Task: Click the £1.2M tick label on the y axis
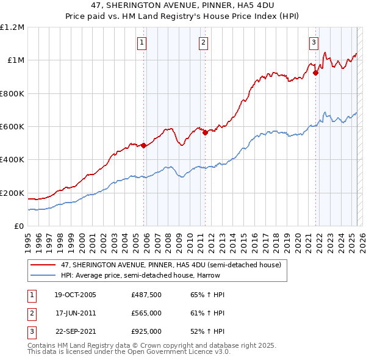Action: tap(12, 27)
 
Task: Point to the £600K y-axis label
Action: tap(12, 126)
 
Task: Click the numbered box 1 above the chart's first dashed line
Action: tap(142, 42)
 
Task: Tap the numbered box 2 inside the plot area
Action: tap(203, 42)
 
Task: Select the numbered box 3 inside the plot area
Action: tap(313, 42)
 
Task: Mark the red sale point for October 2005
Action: tap(144, 145)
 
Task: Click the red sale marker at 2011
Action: tap(205, 132)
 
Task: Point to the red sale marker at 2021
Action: tap(316, 73)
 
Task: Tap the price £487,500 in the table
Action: tap(146, 295)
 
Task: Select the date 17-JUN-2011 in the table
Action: tap(75, 313)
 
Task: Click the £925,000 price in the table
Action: tap(146, 331)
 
